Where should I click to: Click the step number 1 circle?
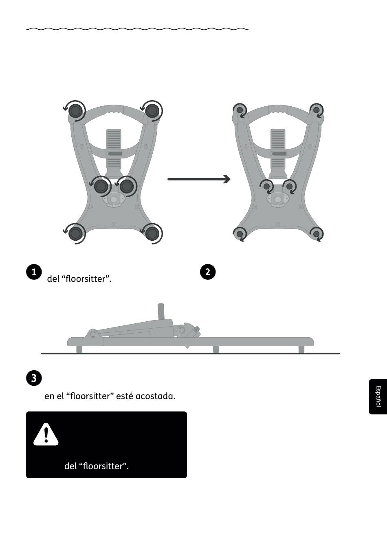tap(34, 272)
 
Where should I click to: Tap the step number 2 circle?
tap(208, 272)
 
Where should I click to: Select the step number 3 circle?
tap(34, 378)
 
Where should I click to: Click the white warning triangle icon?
tap(46, 435)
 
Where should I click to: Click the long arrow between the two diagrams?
tap(199, 179)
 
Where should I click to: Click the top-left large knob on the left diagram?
tap(75, 111)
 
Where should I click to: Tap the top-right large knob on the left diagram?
tap(152, 111)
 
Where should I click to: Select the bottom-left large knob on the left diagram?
tap(75, 234)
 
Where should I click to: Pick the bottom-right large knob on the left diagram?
tap(152, 234)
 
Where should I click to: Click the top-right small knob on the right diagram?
tap(317, 110)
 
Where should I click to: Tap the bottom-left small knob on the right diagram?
tap(240, 234)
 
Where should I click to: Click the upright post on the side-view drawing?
tap(161, 311)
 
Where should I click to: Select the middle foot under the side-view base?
tap(216, 349)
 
